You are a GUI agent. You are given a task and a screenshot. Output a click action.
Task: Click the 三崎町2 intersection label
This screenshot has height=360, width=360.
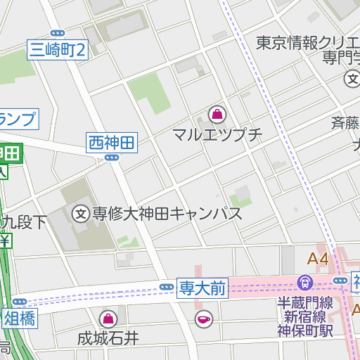pyautogui.click(x=58, y=50)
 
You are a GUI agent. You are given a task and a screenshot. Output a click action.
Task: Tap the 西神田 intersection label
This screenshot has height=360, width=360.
pyautogui.click(x=111, y=143)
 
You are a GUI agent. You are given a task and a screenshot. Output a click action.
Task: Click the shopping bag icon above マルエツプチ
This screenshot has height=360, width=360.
pyautogui.click(x=217, y=114)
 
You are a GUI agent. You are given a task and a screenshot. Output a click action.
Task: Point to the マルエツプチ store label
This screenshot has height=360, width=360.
pyautogui.click(x=217, y=134)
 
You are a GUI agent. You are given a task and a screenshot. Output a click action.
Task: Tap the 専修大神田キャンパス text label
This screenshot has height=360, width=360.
pyautogui.click(x=167, y=214)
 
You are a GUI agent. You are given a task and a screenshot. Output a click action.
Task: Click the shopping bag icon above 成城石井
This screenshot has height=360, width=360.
pyautogui.click(x=108, y=319)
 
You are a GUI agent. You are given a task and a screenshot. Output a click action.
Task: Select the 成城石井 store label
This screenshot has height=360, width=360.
pyautogui.click(x=108, y=338)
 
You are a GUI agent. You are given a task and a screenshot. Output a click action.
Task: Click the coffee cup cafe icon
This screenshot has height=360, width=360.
pyautogui.click(x=203, y=319)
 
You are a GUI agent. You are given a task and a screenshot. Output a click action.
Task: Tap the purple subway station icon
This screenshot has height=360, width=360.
pyautogui.click(x=305, y=283)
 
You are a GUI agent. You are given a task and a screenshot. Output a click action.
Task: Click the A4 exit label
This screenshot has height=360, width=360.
pyautogui.click(x=318, y=259)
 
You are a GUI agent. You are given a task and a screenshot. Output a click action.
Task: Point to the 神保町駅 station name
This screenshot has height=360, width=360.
pyautogui.click(x=304, y=331)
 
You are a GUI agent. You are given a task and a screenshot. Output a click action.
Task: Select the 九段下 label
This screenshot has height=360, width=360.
pyautogui.click(x=24, y=223)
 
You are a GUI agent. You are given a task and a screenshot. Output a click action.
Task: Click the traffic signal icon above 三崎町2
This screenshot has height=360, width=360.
pyautogui.click(x=58, y=32)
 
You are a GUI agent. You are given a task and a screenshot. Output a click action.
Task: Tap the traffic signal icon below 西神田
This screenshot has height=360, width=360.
pyautogui.click(x=111, y=158)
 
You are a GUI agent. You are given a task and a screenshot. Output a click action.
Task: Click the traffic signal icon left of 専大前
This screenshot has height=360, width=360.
pyautogui.click(x=167, y=287)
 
